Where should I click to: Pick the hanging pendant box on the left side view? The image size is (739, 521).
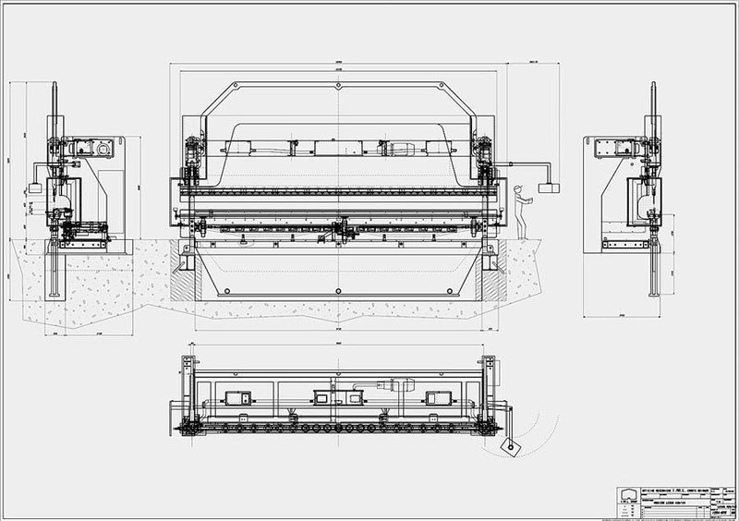coord(36,188)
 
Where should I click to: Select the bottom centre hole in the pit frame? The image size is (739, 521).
coord(340,291)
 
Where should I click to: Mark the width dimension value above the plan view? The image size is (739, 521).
coord(340,344)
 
